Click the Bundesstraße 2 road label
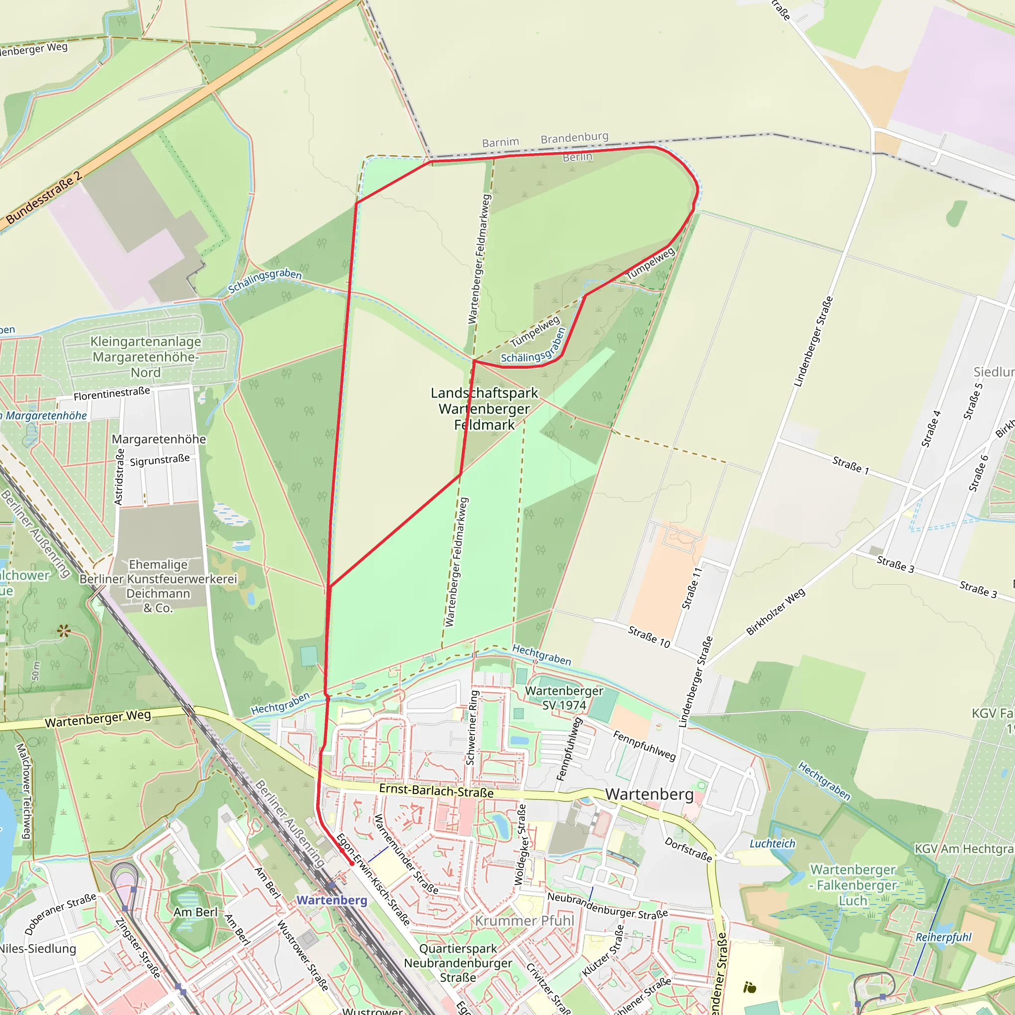coord(44,198)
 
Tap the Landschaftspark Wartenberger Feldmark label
coord(484,409)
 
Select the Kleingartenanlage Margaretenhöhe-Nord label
coord(146,357)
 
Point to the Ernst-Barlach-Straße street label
coord(436,791)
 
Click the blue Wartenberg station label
coord(332,900)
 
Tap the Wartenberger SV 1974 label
coord(564,698)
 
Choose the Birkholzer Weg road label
coord(776,612)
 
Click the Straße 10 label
coord(649,637)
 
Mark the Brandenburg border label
coord(574,138)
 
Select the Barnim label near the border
coord(500,142)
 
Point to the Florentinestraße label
coord(112,394)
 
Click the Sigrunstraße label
coord(160,460)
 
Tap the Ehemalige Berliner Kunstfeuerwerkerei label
coord(158,586)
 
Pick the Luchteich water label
coord(772,844)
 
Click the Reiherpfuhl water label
coord(944,938)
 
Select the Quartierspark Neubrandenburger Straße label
coord(458,963)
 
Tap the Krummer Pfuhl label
coord(524,921)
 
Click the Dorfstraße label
coord(688,849)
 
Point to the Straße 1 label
coord(850,465)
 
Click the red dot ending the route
coord(352,863)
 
